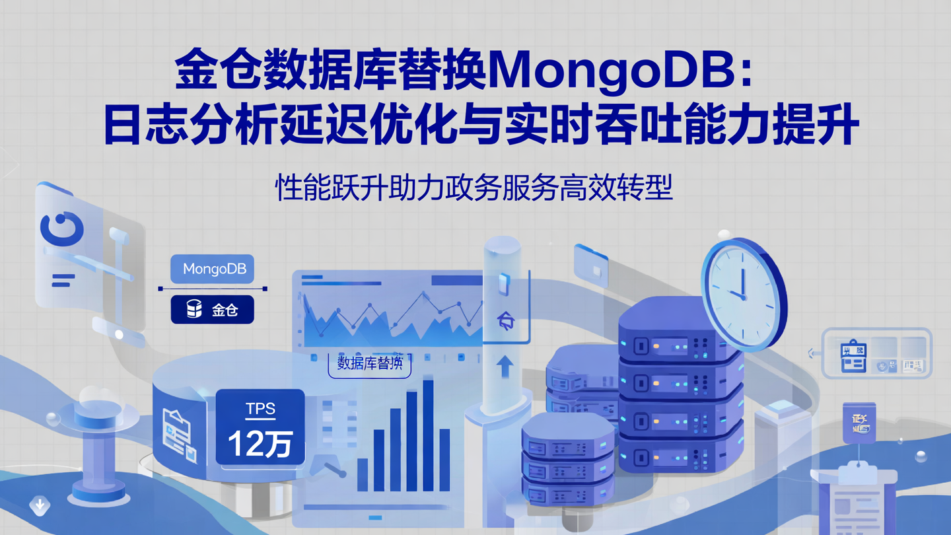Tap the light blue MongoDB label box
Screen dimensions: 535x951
tap(213, 269)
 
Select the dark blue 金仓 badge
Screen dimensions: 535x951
tap(213, 309)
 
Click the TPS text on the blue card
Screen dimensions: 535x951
tap(260, 409)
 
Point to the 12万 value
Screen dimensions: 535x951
tap(260, 443)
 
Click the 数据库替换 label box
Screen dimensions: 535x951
tap(370, 363)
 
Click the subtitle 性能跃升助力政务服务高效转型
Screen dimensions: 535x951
tap(474, 188)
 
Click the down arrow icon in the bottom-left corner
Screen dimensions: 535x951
tap(40, 506)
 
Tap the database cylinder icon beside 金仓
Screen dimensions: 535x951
tap(194, 309)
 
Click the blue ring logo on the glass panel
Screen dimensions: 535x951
tap(62, 228)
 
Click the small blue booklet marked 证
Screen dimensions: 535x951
tap(859, 423)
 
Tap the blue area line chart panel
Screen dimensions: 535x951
tap(390, 310)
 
